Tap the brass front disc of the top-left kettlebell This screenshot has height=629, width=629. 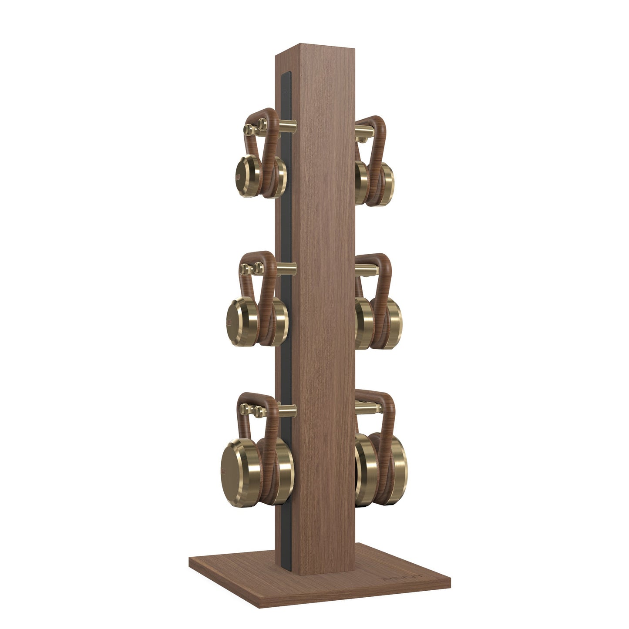pos(246,177)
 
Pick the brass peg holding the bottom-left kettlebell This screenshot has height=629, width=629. pos(287,409)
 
